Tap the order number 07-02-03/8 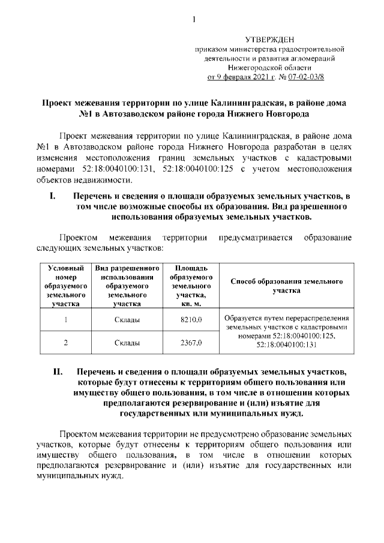tap(323, 77)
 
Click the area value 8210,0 tap(191, 320)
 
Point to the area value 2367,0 tap(191, 343)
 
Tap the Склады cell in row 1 tap(127, 320)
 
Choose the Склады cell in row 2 tap(127, 343)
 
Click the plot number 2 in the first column tap(64, 343)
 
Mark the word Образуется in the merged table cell tap(244, 318)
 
